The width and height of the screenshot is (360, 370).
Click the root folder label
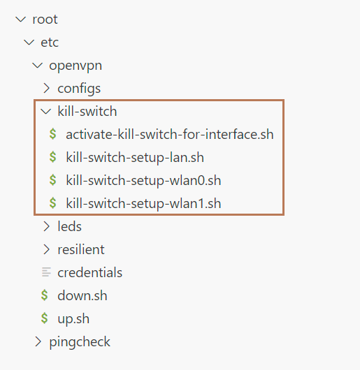[45, 20]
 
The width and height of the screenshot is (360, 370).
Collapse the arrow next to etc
[29, 43]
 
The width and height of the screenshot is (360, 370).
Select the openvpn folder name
[75, 66]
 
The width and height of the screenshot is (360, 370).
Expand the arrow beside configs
[47, 88]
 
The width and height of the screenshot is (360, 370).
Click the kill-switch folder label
[87, 111]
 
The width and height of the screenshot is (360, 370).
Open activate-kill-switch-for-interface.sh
[170, 134]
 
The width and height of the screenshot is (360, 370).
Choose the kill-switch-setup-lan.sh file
[135, 157]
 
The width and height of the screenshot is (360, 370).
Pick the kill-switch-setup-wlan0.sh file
[143, 181]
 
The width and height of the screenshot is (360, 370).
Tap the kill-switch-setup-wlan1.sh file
[143, 203]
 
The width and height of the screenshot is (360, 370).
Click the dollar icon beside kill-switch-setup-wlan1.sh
[53, 203]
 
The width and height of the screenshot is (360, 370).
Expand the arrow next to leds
[47, 226]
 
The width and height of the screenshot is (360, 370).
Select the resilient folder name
[81, 249]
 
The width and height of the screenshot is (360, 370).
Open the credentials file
[89, 272]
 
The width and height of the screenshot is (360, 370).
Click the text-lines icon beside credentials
[46, 272]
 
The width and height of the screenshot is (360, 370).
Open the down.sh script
[82, 296]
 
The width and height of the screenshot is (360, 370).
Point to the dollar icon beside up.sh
[45, 318]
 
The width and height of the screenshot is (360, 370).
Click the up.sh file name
[73, 319]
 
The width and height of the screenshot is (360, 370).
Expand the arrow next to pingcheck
[38, 341]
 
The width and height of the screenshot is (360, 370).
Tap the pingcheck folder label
[80, 342]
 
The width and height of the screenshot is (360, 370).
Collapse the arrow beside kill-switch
[46, 112]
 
